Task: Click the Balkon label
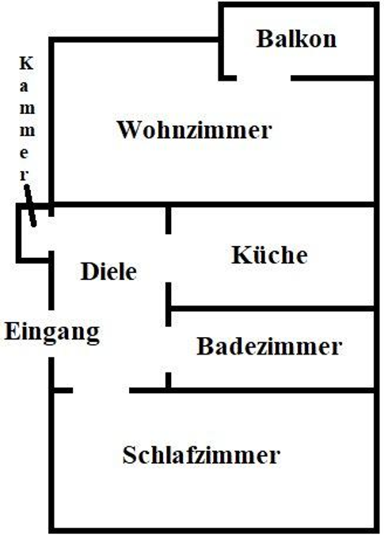pyautogui.click(x=296, y=39)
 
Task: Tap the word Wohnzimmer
pyautogui.click(x=193, y=130)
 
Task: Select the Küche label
pyautogui.click(x=269, y=255)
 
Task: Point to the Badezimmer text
pyautogui.click(x=269, y=346)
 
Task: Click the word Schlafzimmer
pyautogui.click(x=201, y=456)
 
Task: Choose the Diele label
pyautogui.click(x=108, y=271)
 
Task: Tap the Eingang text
pyautogui.click(x=52, y=331)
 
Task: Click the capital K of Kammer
pyautogui.click(x=26, y=62)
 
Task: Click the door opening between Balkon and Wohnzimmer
pyautogui.click(x=264, y=78)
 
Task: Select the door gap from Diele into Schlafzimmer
pyautogui.click(x=101, y=389)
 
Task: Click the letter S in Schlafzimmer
pyautogui.click(x=130, y=456)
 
